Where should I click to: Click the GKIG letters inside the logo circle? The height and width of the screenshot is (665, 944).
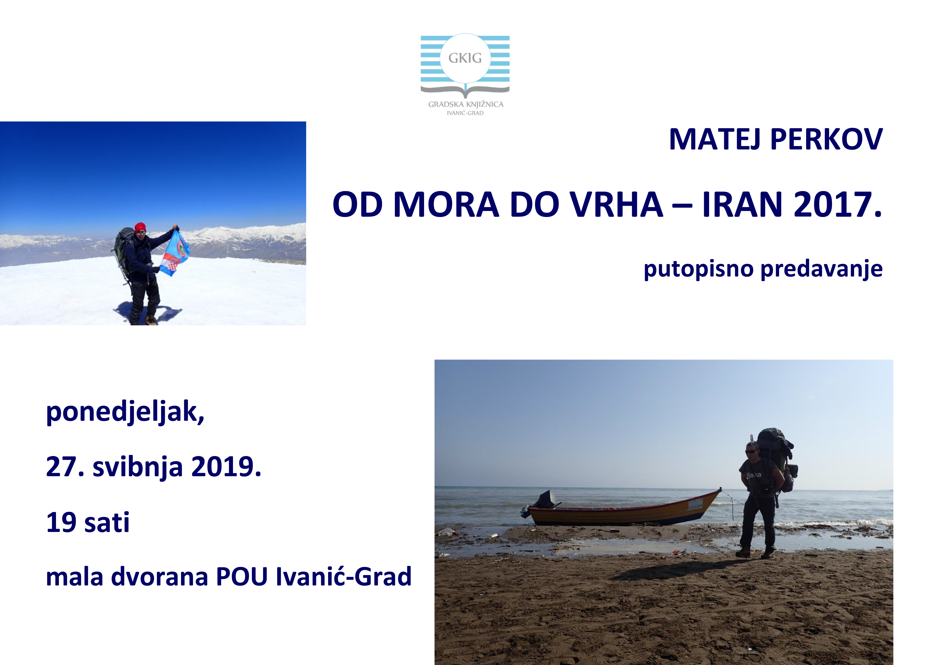coord(465,58)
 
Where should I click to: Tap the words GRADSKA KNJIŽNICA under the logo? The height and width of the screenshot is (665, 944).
coord(466,104)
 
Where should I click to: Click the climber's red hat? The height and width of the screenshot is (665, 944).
coord(140,227)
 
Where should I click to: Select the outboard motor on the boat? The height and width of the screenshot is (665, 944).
coord(542,503)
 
